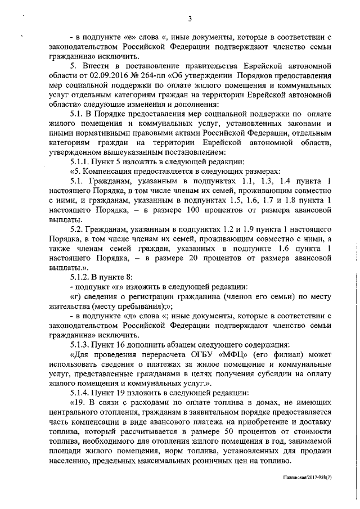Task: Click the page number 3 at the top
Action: (x=190, y=19)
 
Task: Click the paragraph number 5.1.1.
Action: (x=82, y=160)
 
